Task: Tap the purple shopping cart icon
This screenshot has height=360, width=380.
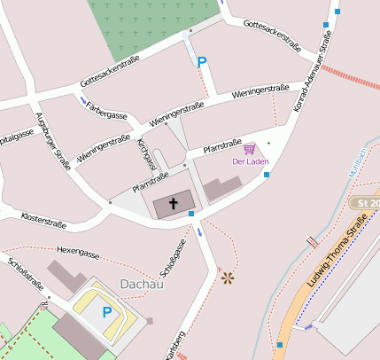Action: tap(250, 148)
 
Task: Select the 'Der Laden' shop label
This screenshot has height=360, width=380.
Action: tap(250, 161)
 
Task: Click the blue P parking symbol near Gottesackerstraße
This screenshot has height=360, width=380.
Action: tap(202, 63)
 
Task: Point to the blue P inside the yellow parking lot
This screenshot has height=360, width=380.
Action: tap(107, 312)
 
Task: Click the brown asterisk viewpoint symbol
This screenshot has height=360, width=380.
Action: tap(228, 278)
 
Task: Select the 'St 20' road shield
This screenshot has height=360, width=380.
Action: tap(365, 203)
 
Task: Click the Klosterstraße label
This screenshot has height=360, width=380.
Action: tap(44, 217)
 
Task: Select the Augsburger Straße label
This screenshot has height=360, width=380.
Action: tap(51, 139)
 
